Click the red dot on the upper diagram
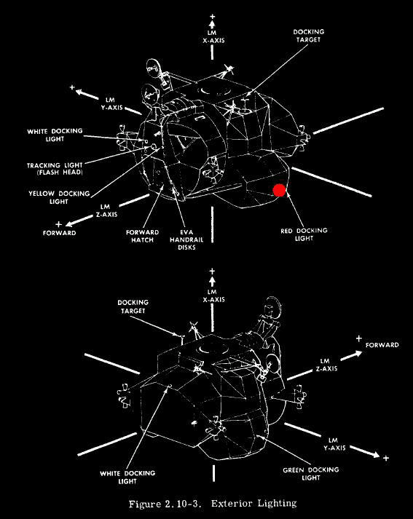[x=279, y=190]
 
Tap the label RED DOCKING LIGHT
[x=304, y=234]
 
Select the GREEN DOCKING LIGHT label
[x=311, y=474]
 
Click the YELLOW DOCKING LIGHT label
[x=59, y=197]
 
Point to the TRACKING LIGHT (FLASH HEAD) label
[x=55, y=168]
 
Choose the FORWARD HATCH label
[x=143, y=236]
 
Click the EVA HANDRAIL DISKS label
[x=186, y=239]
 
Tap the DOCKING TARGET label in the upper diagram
[x=309, y=36]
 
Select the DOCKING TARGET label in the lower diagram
[x=133, y=306]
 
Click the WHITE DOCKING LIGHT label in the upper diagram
[x=55, y=135]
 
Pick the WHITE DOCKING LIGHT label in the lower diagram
[x=127, y=477]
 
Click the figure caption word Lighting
[x=278, y=504]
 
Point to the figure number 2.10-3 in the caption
[x=183, y=504]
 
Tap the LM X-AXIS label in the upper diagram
[x=213, y=36]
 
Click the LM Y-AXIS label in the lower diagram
[x=334, y=444]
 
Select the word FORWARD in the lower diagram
[x=382, y=345]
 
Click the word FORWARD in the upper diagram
[x=59, y=233]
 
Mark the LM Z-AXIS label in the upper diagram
[x=106, y=210]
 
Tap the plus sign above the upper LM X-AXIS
[x=212, y=16]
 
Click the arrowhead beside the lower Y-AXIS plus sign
[x=375, y=454]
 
